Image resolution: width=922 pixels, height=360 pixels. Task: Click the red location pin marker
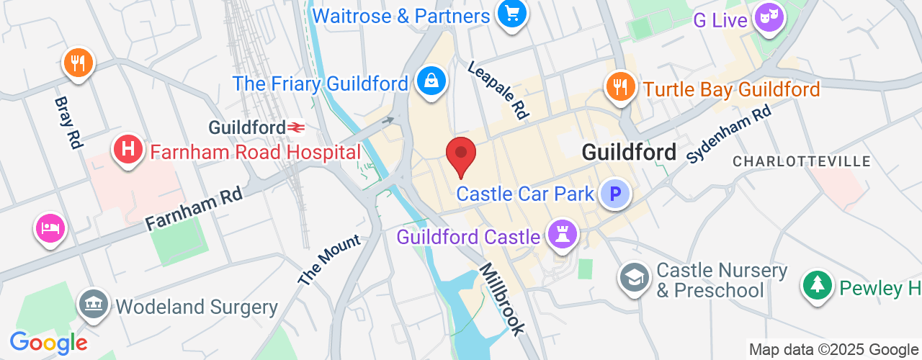click(x=461, y=154)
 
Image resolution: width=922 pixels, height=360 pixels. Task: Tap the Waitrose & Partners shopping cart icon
click(x=512, y=14)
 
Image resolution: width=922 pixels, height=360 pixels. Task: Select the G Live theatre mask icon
click(x=769, y=17)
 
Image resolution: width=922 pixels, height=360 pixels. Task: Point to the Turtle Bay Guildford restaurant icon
click(x=619, y=86)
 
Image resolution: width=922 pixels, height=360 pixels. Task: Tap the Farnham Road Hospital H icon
click(x=128, y=150)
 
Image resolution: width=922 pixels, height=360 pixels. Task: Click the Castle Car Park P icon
click(x=615, y=194)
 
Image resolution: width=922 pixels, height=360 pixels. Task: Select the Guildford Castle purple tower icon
click(x=562, y=233)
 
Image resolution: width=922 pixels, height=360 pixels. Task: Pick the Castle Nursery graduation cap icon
click(x=635, y=276)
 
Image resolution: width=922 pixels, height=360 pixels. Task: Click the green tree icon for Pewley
click(x=817, y=285)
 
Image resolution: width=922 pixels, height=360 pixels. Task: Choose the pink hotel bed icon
click(x=50, y=229)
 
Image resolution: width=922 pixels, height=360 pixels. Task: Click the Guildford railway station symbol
click(x=295, y=127)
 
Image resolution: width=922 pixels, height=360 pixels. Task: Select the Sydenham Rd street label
click(x=728, y=135)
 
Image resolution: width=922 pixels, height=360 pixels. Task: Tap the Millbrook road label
click(x=503, y=298)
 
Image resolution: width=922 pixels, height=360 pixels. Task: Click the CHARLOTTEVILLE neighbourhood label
click(x=802, y=161)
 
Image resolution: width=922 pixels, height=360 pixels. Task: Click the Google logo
click(x=48, y=343)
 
